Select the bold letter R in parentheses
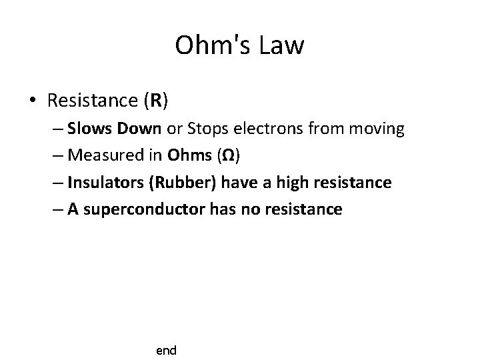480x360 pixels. coord(155,101)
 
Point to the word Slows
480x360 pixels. coord(89,129)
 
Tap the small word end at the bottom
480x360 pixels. coord(166,350)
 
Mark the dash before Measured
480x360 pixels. coord(55,155)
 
